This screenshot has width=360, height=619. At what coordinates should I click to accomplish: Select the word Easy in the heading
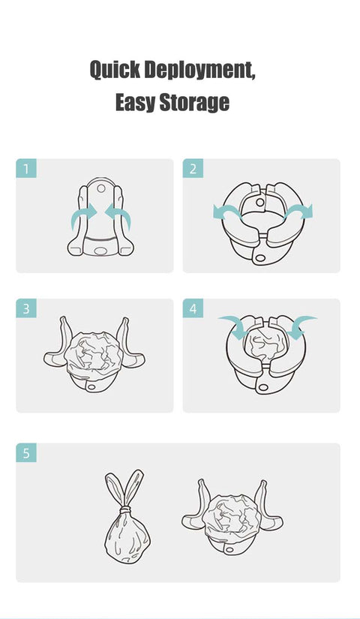(134, 102)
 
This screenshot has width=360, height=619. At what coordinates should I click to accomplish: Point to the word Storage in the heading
(193, 102)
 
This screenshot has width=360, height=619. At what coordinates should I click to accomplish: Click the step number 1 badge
(25, 169)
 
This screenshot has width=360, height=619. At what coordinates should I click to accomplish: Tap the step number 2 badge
(193, 169)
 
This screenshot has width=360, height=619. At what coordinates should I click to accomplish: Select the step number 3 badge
(25, 308)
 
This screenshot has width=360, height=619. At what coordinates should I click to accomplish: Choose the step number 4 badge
(193, 308)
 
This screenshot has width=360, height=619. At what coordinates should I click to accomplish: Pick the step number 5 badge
(25, 452)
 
